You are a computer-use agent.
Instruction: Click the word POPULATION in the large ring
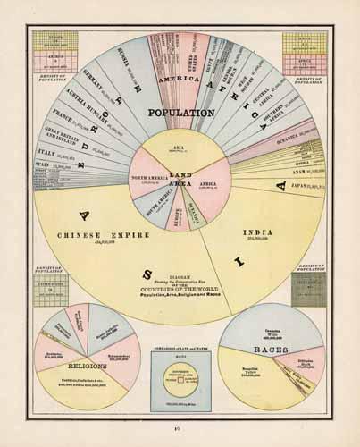pos(181,114)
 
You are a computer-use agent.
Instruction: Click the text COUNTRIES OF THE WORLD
pos(180,291)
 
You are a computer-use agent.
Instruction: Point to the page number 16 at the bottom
pos(180,430)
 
